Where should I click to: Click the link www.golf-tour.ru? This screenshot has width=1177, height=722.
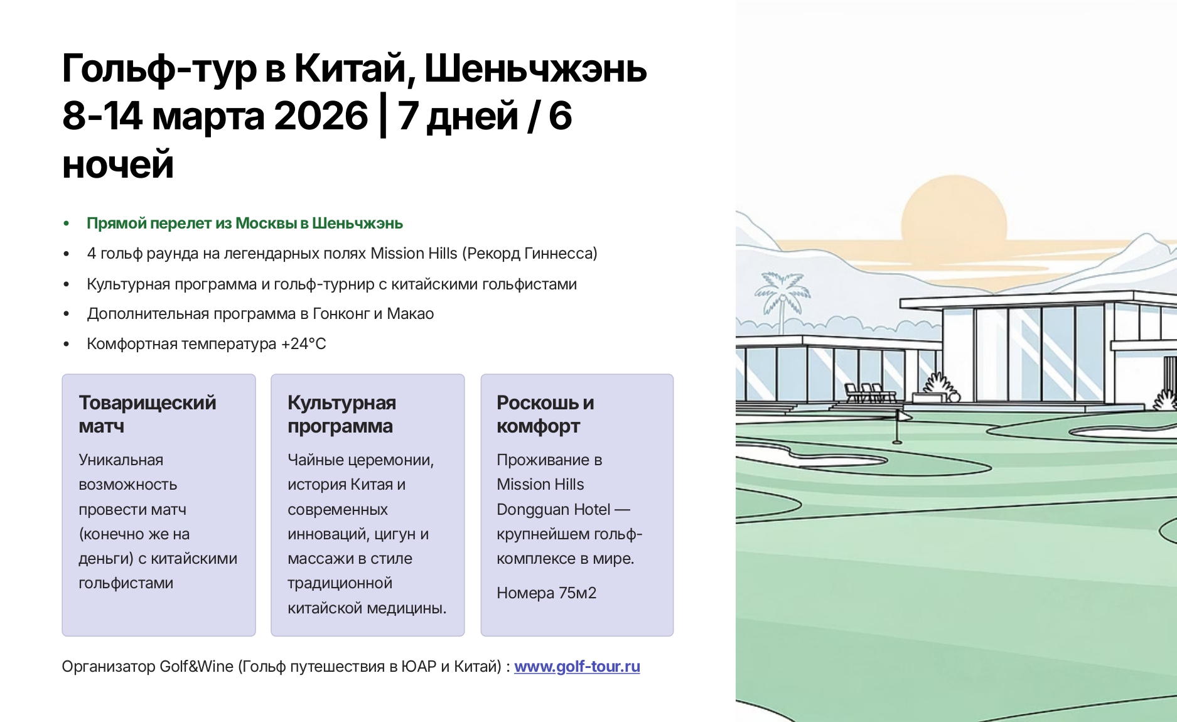pos(577,666)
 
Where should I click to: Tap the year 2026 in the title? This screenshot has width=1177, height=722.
pos(321,116)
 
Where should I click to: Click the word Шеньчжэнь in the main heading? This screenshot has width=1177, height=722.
pos(535,68)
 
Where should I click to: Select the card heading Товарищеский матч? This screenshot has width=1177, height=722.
pos(148,414)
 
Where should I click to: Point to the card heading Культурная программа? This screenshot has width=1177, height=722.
pos(341,414)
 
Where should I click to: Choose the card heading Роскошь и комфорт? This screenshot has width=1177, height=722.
pos(545,414)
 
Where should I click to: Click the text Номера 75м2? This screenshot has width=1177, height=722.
pos(546,593)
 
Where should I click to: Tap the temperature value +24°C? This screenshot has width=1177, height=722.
pos(303,343)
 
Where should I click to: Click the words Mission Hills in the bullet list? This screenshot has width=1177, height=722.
pos(414,253)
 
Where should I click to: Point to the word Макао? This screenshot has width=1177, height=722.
pos(410,313)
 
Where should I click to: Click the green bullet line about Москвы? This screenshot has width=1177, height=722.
pos(245,224)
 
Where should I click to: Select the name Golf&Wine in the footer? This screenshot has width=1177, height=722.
pos(196,666)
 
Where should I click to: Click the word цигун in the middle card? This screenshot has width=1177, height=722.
pos(393,534)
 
